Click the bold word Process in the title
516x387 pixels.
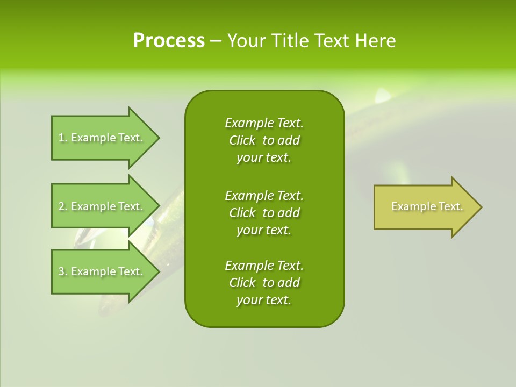169,41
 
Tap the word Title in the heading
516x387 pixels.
289,41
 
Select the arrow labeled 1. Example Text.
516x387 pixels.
102,138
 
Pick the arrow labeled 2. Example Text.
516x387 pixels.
102,206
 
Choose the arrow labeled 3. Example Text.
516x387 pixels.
102,271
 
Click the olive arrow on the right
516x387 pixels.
425,207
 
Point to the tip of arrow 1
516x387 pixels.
159,138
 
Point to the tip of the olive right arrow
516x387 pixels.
481,207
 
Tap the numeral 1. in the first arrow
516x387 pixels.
62,138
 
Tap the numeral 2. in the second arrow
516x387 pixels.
62,206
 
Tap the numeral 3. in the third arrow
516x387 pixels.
62,271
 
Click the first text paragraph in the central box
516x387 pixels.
264,140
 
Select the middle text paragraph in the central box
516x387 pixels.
264,212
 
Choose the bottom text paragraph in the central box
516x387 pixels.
264,283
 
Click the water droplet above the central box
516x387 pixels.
383,96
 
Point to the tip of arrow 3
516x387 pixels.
159,271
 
